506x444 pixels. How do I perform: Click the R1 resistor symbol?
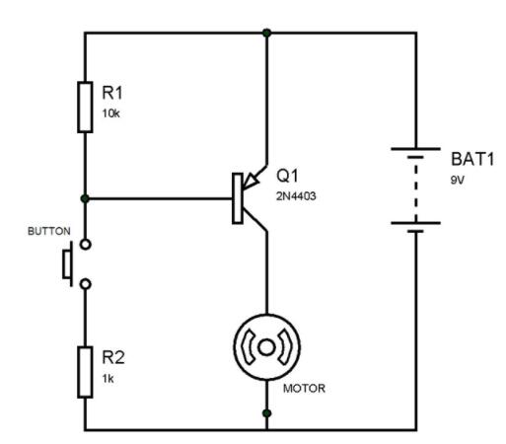tap(86, 106)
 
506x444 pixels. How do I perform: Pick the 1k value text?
tap(108, 375)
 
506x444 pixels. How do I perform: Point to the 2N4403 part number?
tap(296, 196)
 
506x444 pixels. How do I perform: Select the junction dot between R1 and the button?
tap(86, 198)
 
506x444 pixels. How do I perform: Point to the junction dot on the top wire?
tap(266, 33)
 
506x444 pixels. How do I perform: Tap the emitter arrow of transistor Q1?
tap(253, 178)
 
